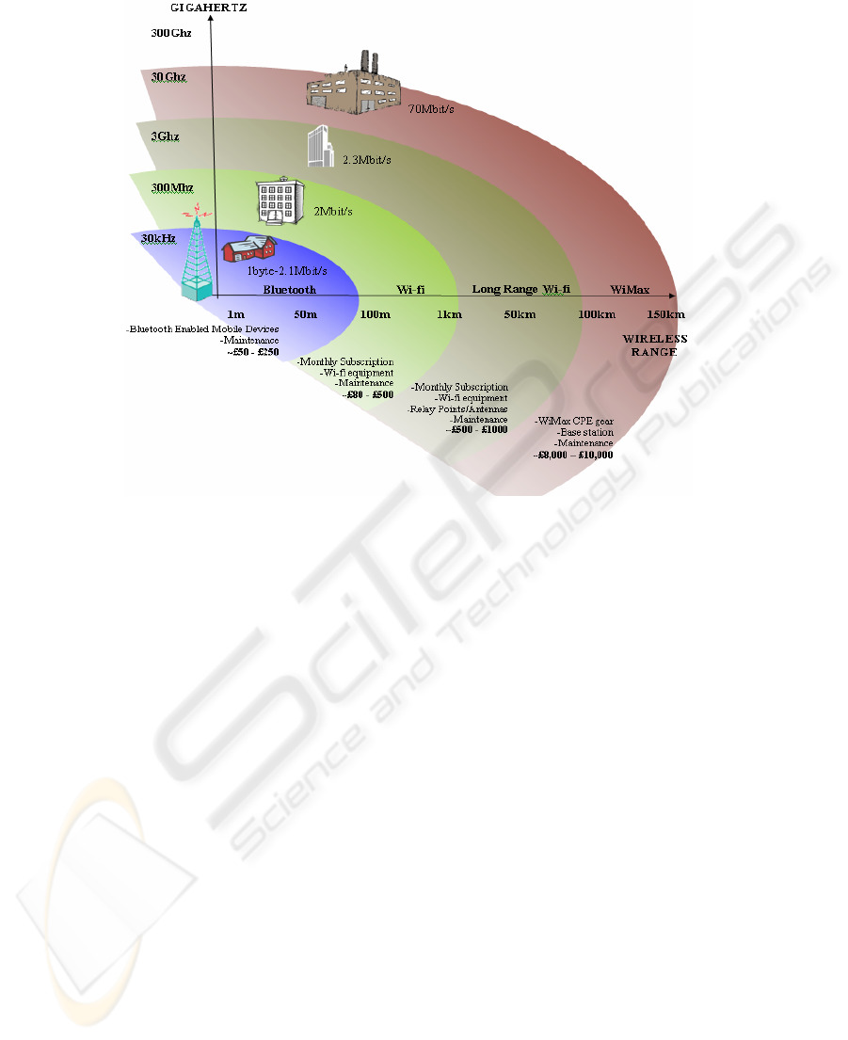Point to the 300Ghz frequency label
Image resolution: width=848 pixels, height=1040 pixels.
(x=168, y=31)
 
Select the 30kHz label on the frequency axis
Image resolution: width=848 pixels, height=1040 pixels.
(x=158, y=239)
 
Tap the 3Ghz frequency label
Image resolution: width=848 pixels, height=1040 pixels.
(x=166, y=136)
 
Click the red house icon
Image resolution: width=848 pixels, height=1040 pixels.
(x=249, y=248)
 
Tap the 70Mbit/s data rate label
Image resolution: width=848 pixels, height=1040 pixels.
(x=431, y=108)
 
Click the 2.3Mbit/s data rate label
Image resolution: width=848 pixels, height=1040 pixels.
(x=366, y=160)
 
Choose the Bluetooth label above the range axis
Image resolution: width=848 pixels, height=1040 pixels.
(x=289, y=290)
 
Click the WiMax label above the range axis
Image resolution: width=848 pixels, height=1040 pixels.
(x=630, y=290)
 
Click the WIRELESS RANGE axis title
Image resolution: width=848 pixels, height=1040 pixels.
(x=655, y=344)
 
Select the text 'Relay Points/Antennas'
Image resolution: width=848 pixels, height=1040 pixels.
(x=457, y=409)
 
